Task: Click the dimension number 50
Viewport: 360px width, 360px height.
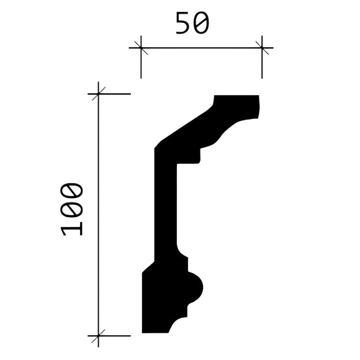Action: point(192,23)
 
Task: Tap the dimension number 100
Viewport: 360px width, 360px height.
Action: point(72,209)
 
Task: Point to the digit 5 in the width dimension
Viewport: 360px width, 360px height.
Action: point(183,23)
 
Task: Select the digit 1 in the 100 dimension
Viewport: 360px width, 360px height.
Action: point(72,228)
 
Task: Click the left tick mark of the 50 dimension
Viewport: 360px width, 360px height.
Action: point(141,47)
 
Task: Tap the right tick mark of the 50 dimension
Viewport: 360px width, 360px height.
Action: point(262,47)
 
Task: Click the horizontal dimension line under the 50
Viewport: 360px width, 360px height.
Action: point(202,47)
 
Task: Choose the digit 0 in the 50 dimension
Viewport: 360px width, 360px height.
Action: point(202,23)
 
